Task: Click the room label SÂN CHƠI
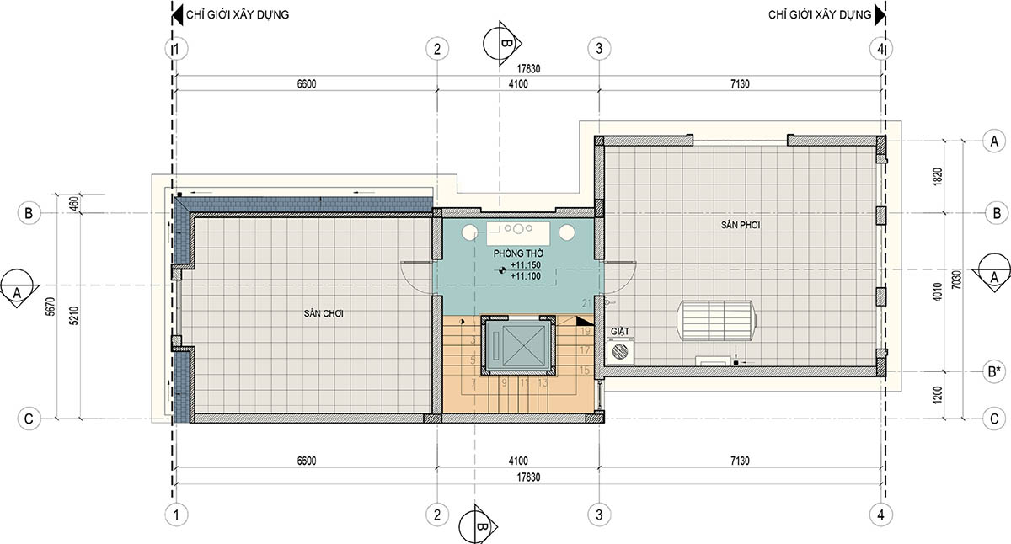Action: point(324,313)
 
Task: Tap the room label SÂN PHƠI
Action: point(741,225)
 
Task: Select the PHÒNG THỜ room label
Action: point(518,253)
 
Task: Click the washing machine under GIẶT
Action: point(621,350)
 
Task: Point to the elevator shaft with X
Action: point(518,345)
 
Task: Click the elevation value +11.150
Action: point(526,265)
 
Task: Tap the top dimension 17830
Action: point(528,68)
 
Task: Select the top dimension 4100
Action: point(518,84)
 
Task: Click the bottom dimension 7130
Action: point(740,461)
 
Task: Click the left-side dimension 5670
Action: point(50,307)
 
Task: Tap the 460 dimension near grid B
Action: point(75,203)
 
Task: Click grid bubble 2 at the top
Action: point(437,48)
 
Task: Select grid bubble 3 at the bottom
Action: point(599,515)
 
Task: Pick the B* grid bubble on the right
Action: point(994,371)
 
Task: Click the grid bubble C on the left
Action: point(29,419)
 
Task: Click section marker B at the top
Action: point(502,44)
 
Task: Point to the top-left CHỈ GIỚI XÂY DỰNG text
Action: point(238,14)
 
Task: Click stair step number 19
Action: point(585,331)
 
